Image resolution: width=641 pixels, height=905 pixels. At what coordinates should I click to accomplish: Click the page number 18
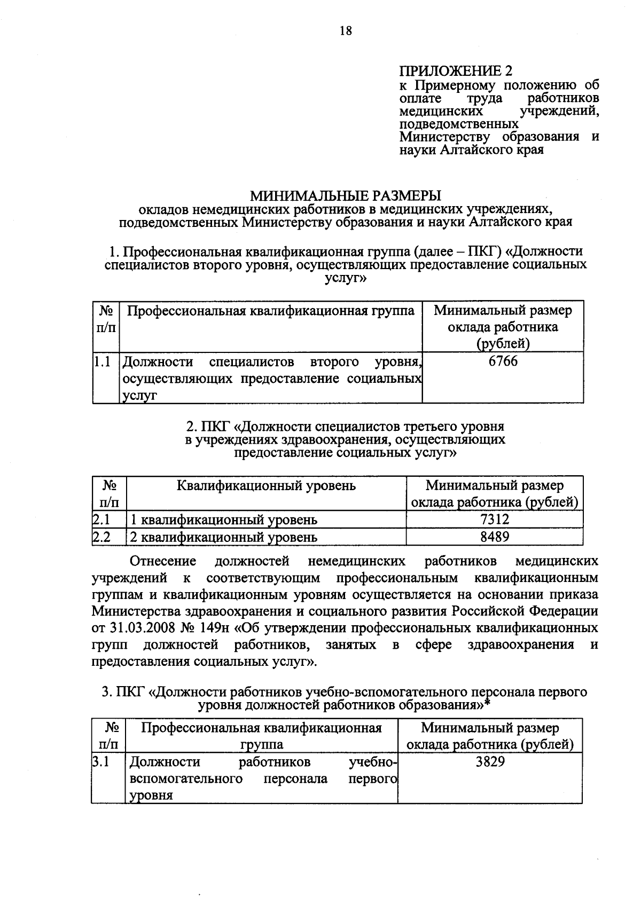click(346, 30)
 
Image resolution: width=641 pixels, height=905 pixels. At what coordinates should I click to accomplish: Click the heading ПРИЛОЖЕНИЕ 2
click(456, 71)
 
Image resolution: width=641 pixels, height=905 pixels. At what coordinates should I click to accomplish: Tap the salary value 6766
click(503, 361)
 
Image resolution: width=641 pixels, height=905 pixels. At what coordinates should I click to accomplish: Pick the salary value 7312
click(495, 519)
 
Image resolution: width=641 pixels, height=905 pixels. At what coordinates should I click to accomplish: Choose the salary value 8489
click(495, 536)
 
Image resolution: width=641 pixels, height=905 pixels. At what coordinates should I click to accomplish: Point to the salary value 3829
click(490, 761)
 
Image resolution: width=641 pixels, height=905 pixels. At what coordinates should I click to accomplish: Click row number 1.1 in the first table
click(101, 362)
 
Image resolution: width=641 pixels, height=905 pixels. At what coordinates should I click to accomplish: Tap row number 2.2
click(101, 537)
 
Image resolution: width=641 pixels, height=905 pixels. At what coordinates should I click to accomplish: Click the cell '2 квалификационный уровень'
click(224, 537)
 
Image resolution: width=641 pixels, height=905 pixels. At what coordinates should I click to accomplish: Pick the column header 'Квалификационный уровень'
click(266, 485)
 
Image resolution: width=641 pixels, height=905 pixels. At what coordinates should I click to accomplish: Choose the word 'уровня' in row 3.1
click(151, 796)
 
